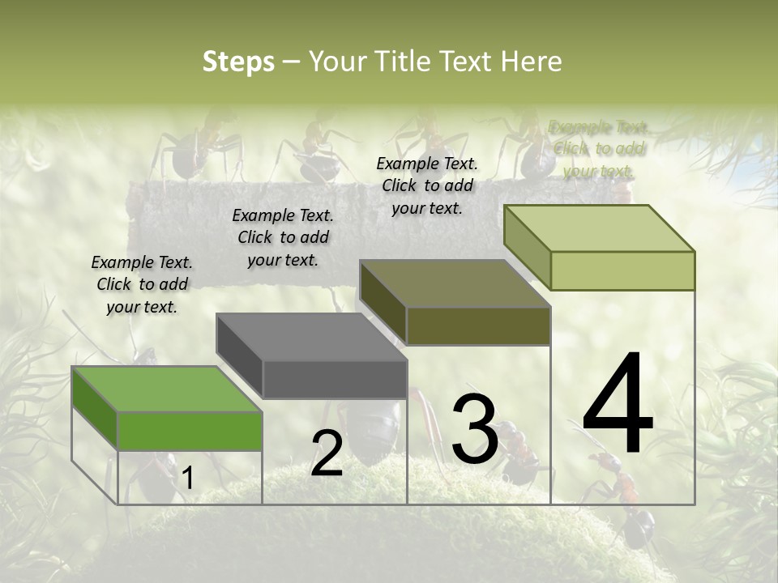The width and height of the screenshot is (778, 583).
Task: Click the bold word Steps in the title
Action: pos(238,62)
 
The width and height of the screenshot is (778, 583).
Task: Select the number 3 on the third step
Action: pos(474,429)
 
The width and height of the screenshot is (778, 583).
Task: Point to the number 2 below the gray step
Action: pos(327,453)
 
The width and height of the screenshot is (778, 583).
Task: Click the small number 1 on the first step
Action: pos(187,479)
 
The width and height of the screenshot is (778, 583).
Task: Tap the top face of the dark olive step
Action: pos(454,283)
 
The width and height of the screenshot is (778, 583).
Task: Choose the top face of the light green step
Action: pos(598,228)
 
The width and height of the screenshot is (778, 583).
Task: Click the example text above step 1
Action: pos(142,284)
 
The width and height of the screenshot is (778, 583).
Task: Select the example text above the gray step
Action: pos(283,237)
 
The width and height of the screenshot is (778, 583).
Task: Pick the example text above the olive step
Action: pos(427,185)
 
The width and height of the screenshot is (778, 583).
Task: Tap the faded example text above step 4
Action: pos(599,149)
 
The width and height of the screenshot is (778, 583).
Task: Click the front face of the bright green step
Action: pos(190,431)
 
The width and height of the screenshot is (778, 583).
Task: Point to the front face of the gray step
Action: pos(335,379)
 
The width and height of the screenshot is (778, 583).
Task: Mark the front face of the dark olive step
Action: pos(478,326)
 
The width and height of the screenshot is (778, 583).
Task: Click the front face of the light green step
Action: pos(622,270)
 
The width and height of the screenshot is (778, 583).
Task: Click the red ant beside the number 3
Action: pos(519,453)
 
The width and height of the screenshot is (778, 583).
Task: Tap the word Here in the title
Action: pos(532,62)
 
